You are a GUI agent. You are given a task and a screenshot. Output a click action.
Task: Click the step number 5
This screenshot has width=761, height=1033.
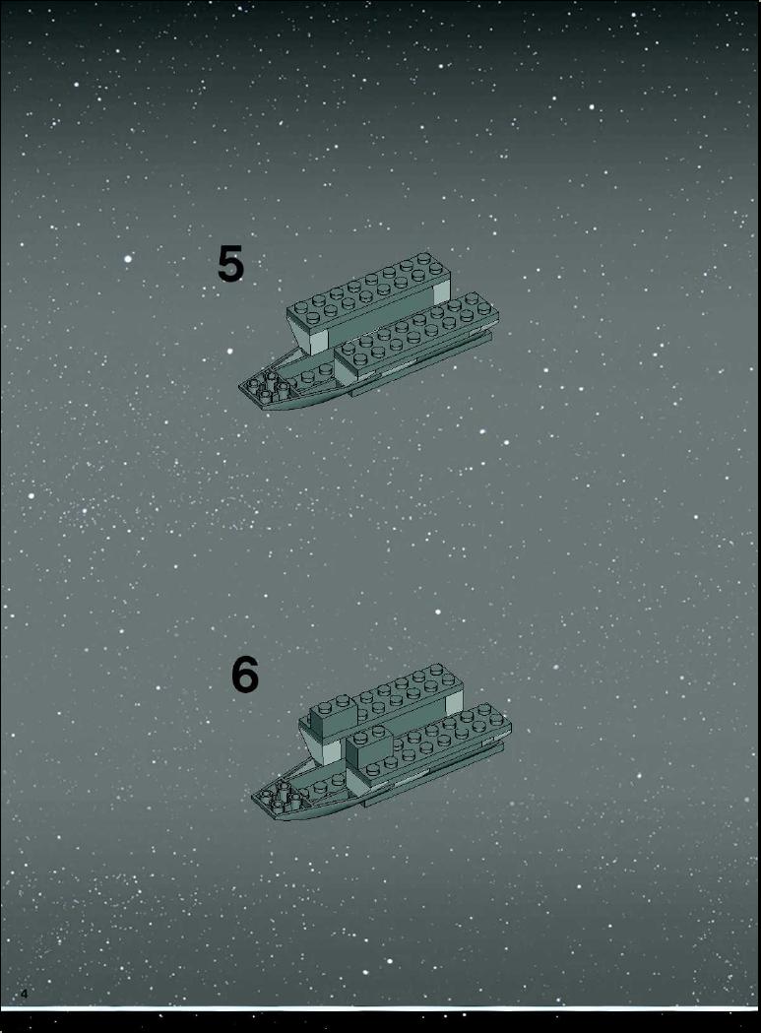click(230, 264)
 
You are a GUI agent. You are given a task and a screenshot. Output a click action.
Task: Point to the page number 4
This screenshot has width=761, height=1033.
click(25, 994)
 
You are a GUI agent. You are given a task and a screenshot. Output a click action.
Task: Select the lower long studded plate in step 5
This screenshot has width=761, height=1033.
click(416, 334)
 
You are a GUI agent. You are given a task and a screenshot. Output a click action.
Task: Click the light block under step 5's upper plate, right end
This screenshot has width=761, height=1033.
click(441, 293)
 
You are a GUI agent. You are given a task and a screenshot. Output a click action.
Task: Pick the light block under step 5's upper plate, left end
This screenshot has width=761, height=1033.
click(312, 342)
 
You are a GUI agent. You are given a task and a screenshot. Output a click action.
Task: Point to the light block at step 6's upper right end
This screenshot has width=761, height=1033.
click(455, 704)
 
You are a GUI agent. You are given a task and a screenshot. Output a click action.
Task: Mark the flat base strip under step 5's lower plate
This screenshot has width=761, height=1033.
click(421, 365)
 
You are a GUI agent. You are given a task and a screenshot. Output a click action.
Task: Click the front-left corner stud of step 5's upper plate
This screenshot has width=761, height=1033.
click(301, 307)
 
